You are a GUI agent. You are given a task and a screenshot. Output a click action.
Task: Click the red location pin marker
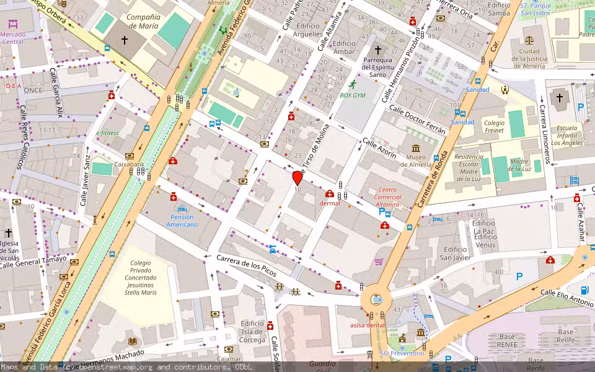[x=297, y=178]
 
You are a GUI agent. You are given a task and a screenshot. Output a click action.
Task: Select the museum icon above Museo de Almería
[x=415, y=149]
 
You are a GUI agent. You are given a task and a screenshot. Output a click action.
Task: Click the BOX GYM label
[x=353, y=95]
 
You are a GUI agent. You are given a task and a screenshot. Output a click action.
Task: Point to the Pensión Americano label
[x=182, y=221]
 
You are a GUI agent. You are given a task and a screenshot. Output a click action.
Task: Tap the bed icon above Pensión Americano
[x=182, y=209]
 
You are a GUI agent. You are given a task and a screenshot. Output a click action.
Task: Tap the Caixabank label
[x=129, y=166]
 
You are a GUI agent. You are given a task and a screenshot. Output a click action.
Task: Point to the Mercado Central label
[x=13, y=38]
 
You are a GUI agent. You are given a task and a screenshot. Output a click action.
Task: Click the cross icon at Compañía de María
[x=124, y=40]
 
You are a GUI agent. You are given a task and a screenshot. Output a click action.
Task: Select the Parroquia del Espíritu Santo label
[x=378, y=67]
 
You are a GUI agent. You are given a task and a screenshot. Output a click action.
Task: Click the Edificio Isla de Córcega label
[x=252, y=331]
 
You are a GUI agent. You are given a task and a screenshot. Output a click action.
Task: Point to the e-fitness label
[x=107, y=133]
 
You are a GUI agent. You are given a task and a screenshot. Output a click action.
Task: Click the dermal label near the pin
[x=330, y=203]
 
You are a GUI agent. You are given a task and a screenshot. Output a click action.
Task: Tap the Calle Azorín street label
[x=379, y=148]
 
